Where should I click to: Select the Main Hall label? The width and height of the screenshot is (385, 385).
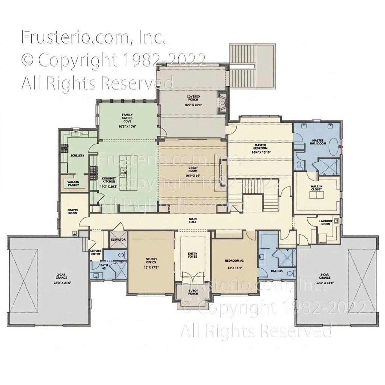(x=193, y=220)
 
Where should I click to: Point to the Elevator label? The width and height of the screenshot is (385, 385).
(x=118, y=240)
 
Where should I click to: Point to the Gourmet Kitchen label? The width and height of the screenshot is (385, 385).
(x=107, y=180)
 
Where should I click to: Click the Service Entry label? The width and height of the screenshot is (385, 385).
(x=96, y=252)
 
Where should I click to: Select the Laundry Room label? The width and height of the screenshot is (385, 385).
(x=325, y=222)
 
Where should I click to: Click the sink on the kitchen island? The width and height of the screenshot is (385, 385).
(x=123, y=171)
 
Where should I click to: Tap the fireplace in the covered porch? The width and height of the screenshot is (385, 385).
(x=223, y=103)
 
